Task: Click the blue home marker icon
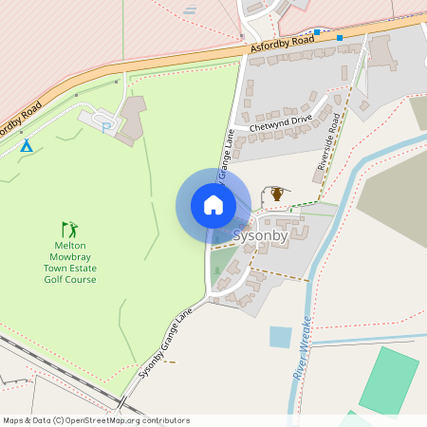coord(213,205)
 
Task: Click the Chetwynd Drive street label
coord(281,122)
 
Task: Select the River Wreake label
coord(302,348)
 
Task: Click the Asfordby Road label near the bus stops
coord(283,44)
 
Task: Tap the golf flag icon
coord(69,229)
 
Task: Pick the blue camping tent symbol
coord(27,146)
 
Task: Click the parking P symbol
coord(105,125)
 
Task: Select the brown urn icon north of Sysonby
coord(277,194)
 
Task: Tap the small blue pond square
coord(280,337)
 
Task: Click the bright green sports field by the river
coord(389,379)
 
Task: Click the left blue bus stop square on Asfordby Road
coord(317,31)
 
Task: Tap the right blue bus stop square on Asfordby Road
coord(340,37)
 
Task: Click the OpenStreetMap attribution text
coord(96,420)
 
